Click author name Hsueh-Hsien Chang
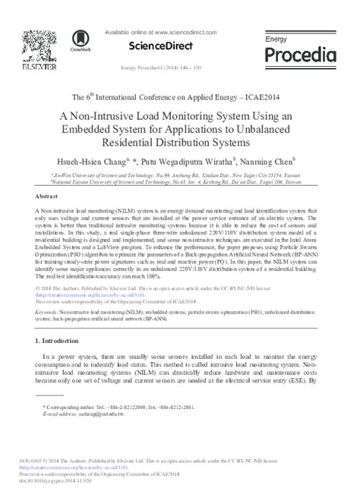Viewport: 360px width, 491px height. [107, 162]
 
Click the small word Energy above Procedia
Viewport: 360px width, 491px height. [272, 37]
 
